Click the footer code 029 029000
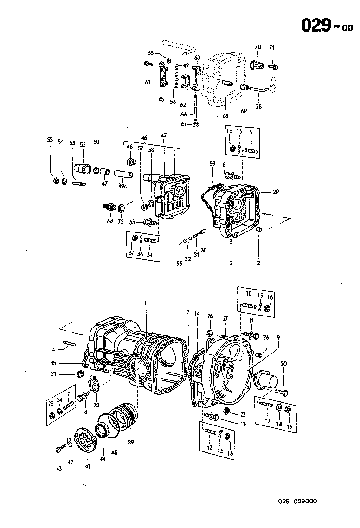[297, 501]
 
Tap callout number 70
[258, 47]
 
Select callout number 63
[151, 53]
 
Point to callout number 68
[225, 116]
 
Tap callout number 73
[109, 221]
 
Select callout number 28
[210, 316]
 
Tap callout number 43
[59, 469]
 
